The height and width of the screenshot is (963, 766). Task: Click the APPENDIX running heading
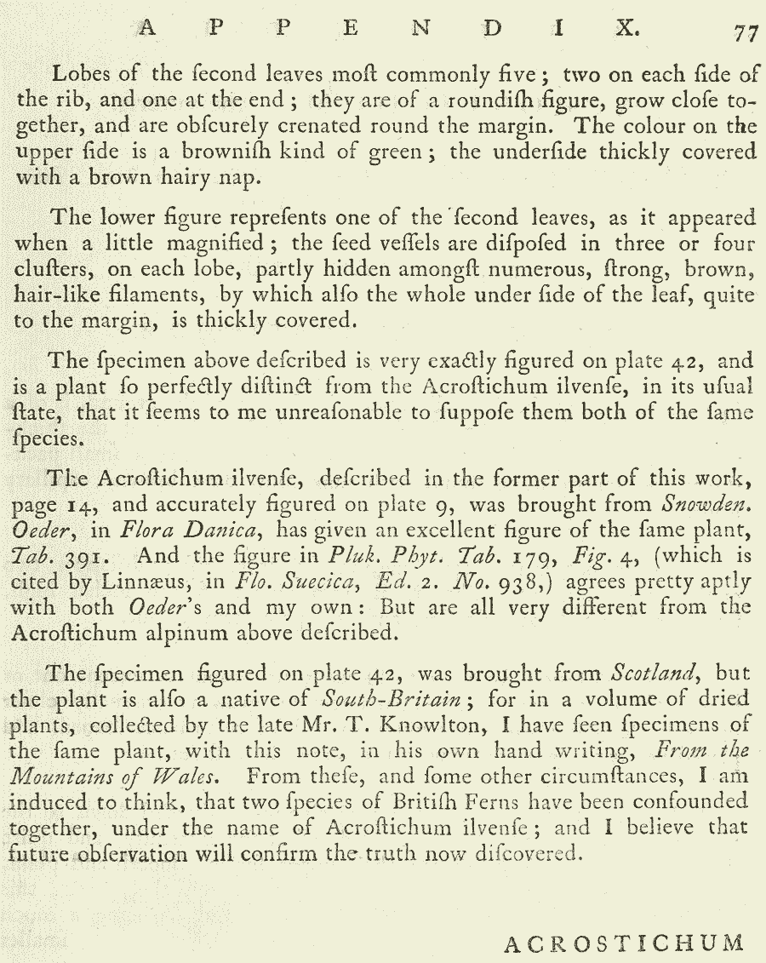click(x=388, y=29)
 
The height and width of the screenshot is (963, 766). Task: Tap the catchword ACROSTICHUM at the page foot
click(x=624, y=943)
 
